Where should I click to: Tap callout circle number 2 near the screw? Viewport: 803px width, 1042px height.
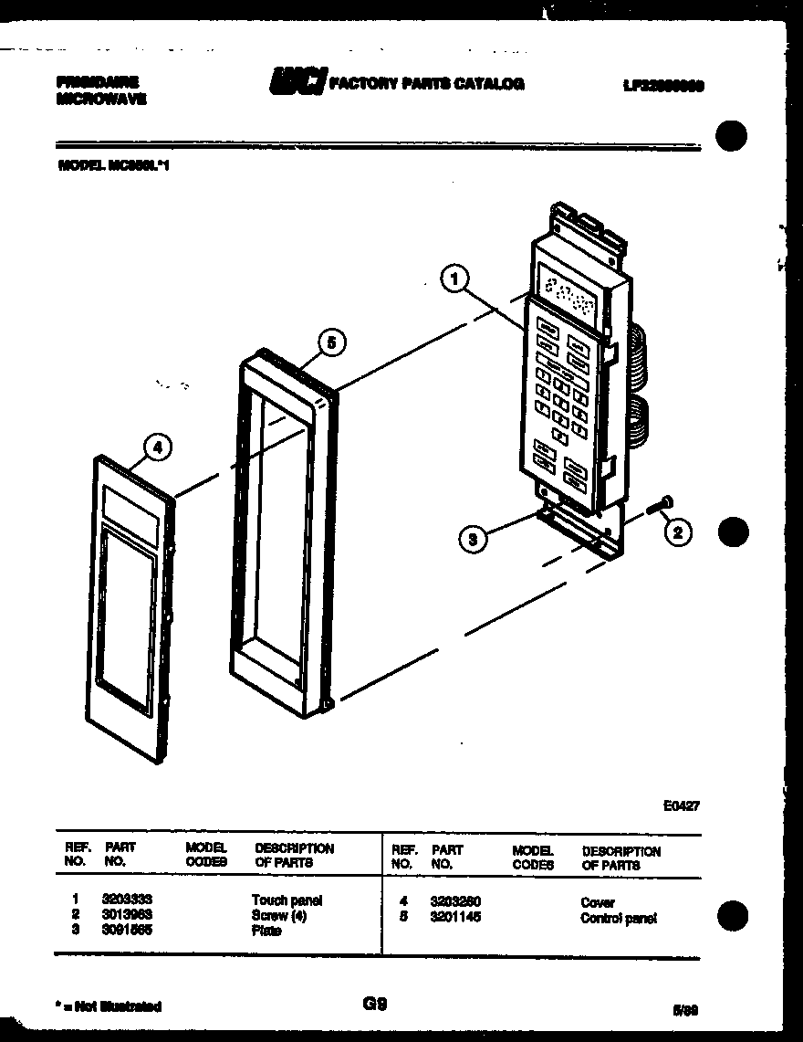pos(677,532)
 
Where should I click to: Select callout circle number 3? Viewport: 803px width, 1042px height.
pos(473,540)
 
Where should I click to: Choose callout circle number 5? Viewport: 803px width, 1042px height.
pos(331,343)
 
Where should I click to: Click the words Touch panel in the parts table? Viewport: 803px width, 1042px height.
pos(287,900)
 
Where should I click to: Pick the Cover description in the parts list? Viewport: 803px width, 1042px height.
pos(598,903)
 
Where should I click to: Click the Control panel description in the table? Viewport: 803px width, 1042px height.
pos(618,919)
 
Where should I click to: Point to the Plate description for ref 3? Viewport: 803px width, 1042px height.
pos(266,931)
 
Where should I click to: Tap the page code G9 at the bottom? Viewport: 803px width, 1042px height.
pos(375,1004)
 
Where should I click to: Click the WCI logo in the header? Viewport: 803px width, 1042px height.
pos(296,83)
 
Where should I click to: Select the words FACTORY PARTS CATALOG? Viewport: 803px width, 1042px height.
pos(426,84)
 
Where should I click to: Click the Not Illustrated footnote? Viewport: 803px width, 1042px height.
pos(109,1006)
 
